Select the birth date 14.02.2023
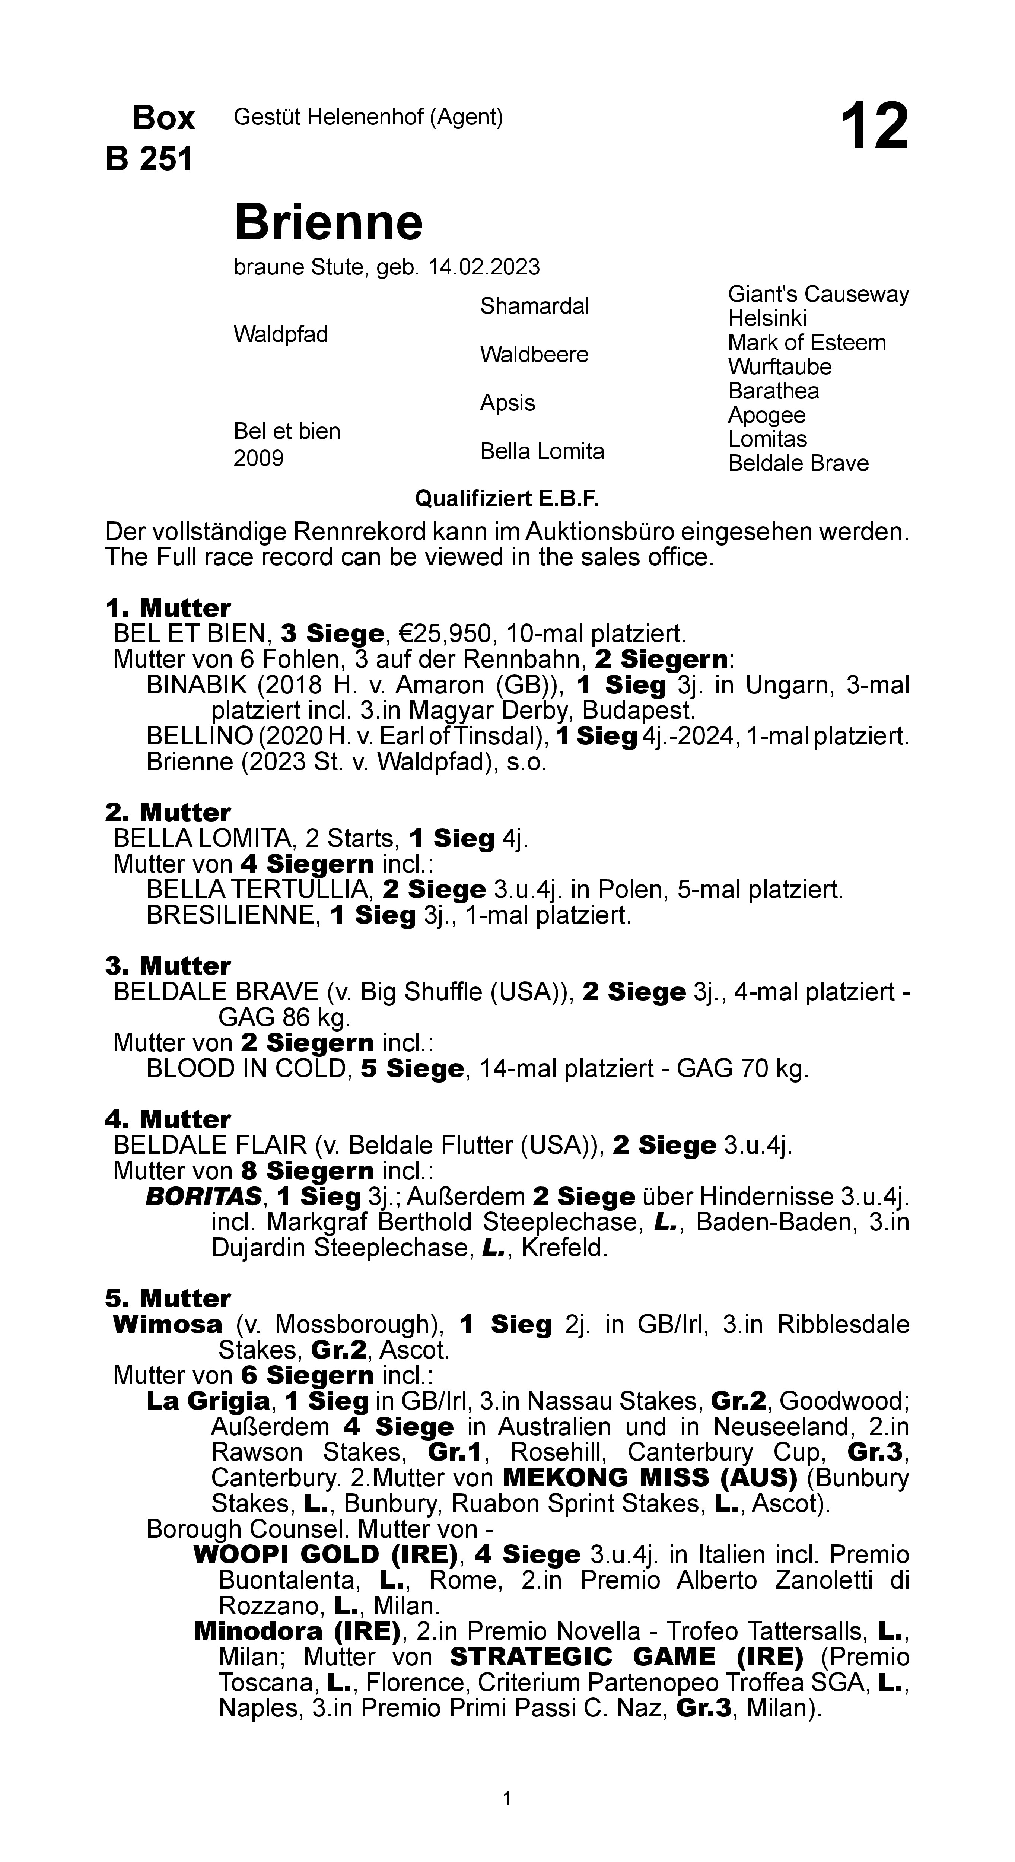tap(484, 267)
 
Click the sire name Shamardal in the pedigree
tap(534, 306)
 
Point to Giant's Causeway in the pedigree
tap(818, 294)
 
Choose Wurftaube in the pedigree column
tap(779, 367)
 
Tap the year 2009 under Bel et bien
tap(258, 458)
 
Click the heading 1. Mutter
tap(168, 608)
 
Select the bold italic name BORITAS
tap(203, 1197)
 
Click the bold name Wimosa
tap(168, 1325)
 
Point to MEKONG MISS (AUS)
tap(650, 1478)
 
